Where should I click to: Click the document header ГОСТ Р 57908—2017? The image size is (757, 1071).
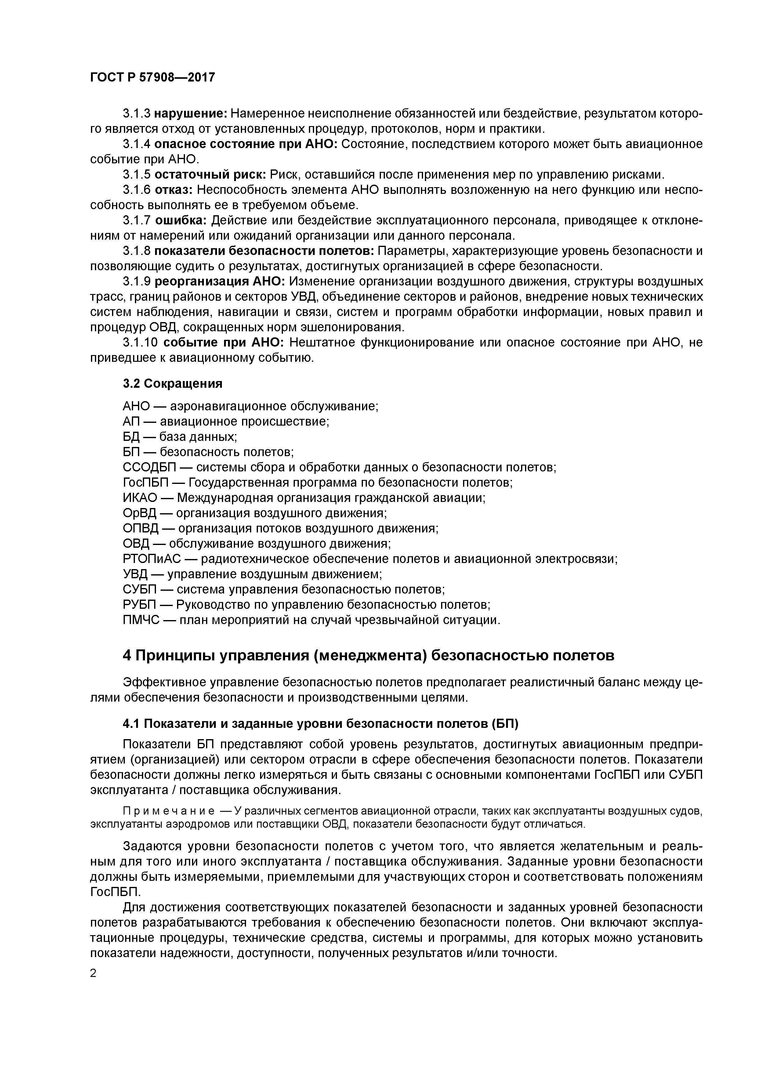(x=153, y=77)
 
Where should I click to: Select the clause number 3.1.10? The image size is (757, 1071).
(x=141, y=342)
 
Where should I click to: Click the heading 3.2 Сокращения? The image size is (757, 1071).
(x=172, y=383)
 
